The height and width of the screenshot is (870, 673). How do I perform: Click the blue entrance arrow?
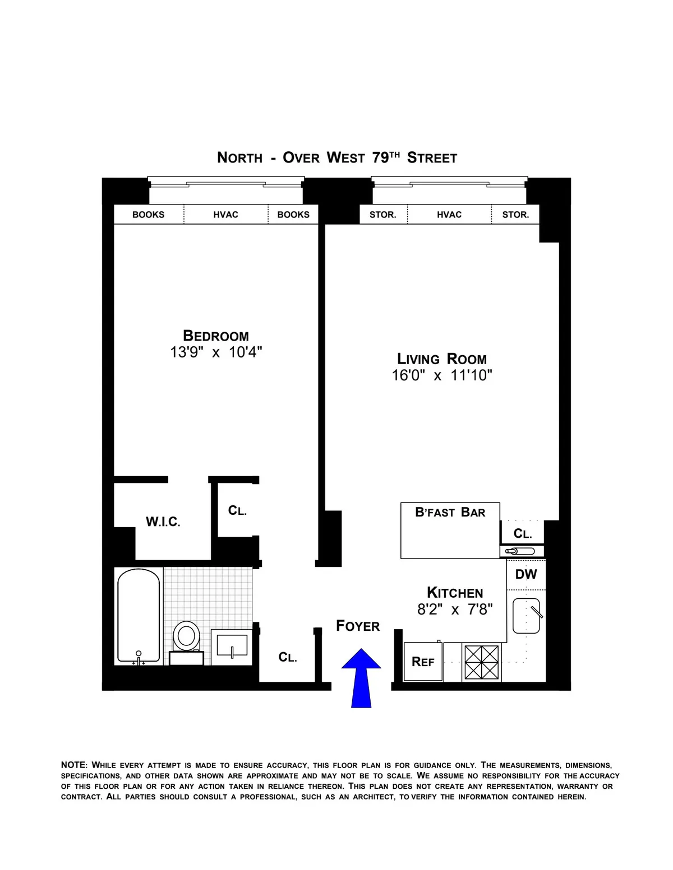361,677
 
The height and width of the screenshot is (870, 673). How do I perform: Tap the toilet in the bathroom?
186,639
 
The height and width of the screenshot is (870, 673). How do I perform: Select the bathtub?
138,616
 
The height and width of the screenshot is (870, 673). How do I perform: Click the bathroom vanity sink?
231,646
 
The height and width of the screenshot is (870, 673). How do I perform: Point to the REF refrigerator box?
423,662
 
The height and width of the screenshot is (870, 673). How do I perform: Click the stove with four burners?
481,662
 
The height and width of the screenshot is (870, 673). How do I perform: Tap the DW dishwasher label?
526,574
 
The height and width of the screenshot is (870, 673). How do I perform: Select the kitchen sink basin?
526,616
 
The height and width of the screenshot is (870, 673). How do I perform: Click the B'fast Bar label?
450,512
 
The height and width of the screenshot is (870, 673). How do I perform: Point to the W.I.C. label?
163,522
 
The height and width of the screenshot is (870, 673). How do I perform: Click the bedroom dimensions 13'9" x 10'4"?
216,352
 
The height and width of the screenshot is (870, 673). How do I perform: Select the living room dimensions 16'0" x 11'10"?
442,375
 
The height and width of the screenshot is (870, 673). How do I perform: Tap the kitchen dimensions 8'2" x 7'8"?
455,609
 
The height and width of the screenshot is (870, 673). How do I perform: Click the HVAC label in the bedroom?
225,215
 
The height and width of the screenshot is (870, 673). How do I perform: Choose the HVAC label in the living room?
449,215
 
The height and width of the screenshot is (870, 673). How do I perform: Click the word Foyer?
358,626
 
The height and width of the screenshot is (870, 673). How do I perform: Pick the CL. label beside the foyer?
288,657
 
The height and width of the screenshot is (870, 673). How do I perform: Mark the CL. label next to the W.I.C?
237,510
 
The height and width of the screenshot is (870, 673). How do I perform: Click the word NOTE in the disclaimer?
73,765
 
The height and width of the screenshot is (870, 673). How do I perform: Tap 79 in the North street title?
380,158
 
